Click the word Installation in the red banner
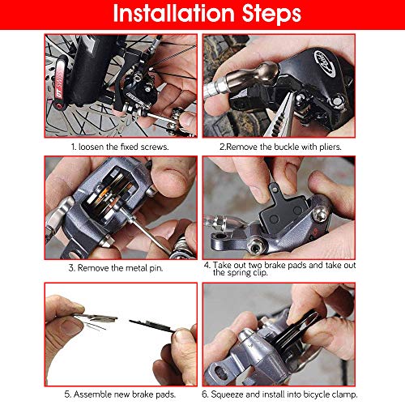pos(173,13)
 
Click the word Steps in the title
pos(271,14)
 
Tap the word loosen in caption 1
pos(91,147)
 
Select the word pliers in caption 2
pos(330,147)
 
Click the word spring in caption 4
pos(240,273)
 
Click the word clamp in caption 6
pos(344,394)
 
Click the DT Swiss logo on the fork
pos(59,83)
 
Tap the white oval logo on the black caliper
pos(324,63)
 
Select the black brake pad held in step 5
pos(151,325)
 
